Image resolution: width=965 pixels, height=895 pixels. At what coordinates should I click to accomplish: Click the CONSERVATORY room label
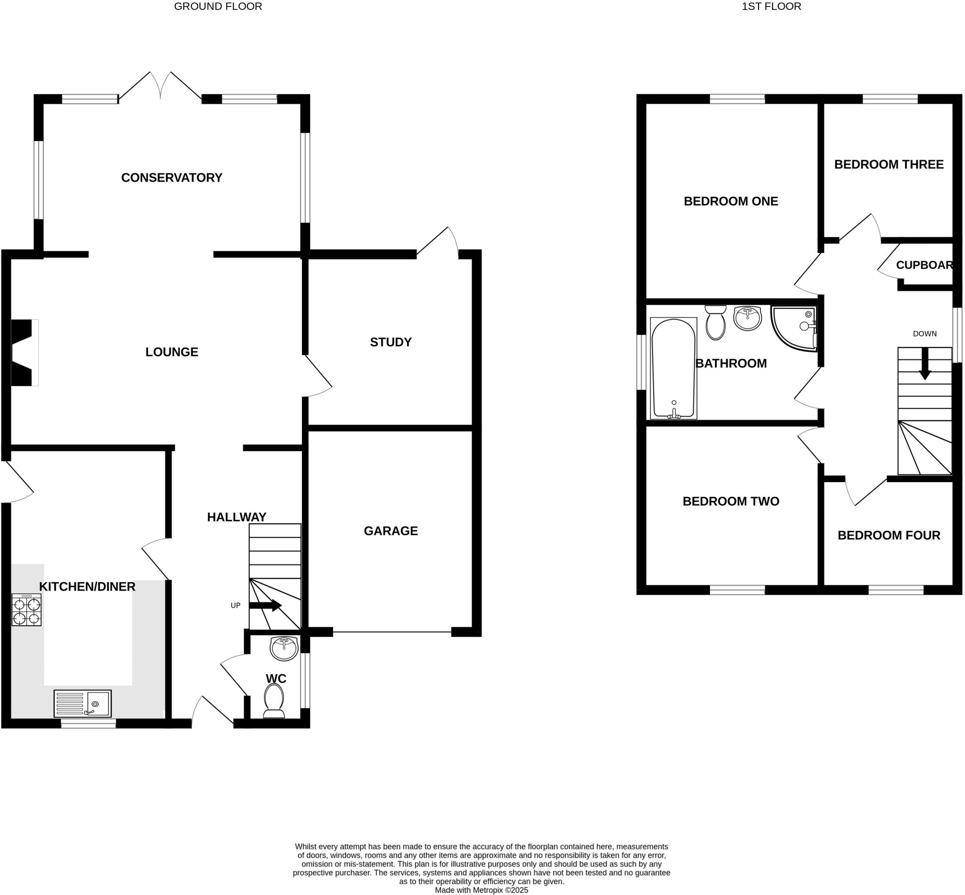point(172,178)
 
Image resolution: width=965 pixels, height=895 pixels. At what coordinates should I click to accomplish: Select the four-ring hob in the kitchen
point(27,610)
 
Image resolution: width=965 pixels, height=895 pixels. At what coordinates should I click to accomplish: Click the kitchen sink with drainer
point(82,703)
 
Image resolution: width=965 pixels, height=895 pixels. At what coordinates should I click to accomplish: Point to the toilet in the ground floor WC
point(274,701)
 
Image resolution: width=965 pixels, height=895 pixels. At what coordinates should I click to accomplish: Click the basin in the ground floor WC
point(284,649)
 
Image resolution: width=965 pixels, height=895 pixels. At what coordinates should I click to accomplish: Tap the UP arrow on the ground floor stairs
point(265,605)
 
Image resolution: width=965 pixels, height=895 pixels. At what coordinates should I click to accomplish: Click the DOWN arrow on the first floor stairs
point(925,364)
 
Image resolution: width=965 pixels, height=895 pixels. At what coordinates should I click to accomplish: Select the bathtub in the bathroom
point(673,368)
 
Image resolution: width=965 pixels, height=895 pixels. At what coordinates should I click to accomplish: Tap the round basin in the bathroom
point(748,318)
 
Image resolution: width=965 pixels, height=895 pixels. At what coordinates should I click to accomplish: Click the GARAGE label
point(390,531)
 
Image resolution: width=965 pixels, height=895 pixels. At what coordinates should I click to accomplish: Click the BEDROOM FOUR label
point(889,535)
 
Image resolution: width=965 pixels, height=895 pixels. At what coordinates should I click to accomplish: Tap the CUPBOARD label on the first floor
point(924,265)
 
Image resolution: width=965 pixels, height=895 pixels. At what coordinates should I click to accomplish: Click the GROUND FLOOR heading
point(218,6)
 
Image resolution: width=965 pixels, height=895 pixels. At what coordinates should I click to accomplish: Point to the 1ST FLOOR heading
point(771,6)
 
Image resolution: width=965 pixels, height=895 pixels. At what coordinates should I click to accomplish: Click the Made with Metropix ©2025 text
point(481,890)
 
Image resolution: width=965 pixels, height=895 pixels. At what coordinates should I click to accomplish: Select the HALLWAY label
point(236,517)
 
